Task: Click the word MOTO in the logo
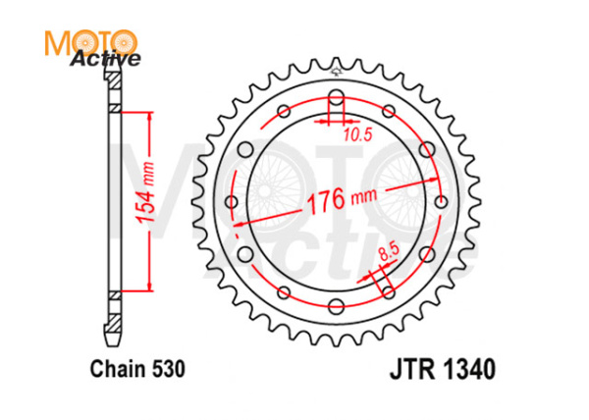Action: tap(90, 42)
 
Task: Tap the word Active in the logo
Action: tap(105, 60)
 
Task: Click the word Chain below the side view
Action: tap(115, 372)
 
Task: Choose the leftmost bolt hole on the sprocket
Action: tap(232, 202)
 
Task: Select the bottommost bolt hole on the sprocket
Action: tap(336, 306)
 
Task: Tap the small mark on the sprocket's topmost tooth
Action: tap(336, 71)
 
